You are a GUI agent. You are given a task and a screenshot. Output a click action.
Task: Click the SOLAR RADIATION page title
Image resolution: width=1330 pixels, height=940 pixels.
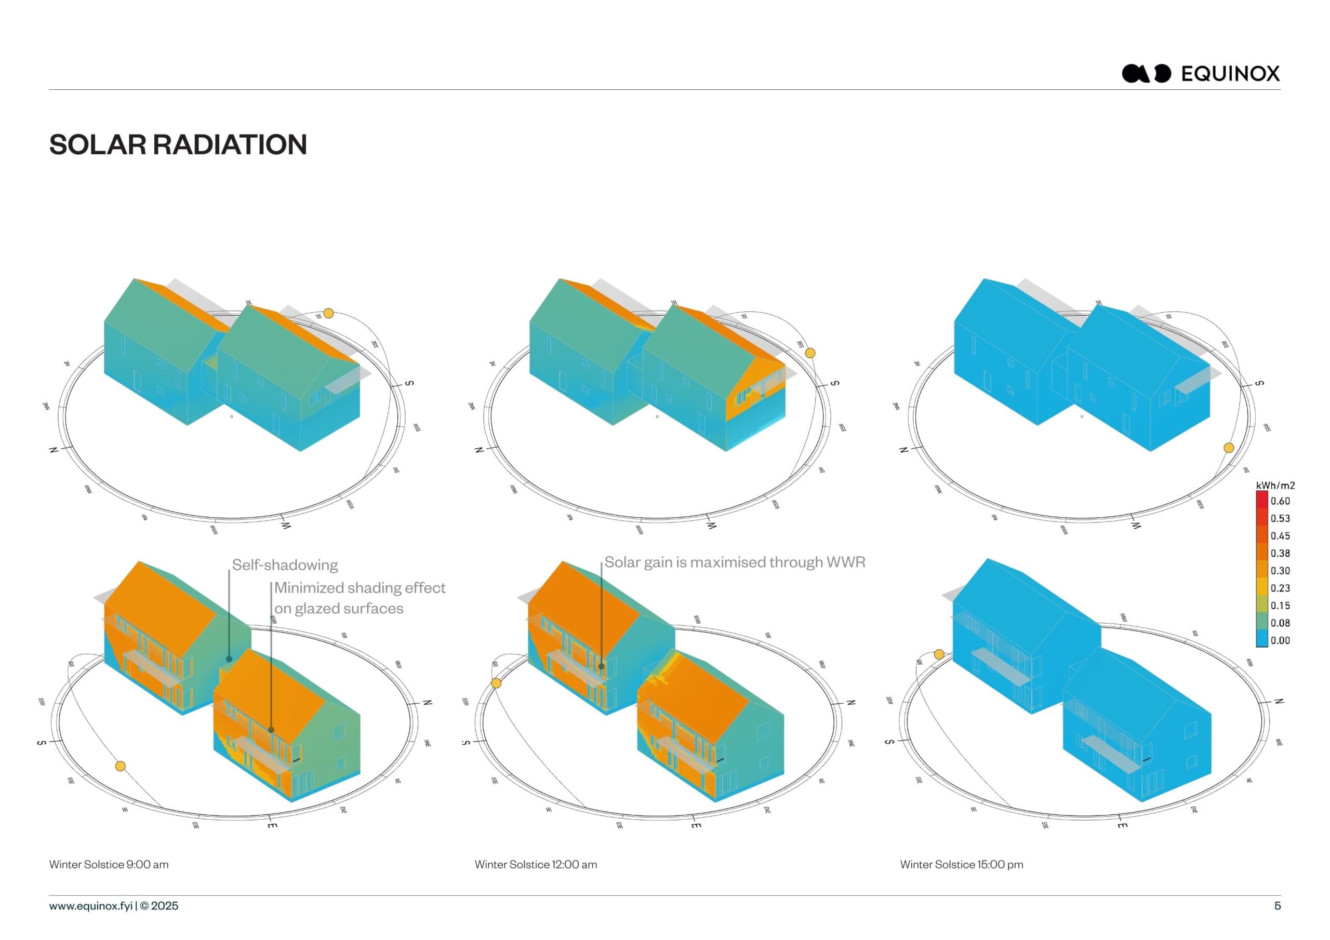tap(178, 144)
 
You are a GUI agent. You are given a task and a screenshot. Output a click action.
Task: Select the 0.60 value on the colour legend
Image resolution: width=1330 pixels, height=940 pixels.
tap(1280, 501)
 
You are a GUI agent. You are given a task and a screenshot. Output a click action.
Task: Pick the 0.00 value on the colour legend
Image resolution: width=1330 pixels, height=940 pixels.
tap(1280, 640)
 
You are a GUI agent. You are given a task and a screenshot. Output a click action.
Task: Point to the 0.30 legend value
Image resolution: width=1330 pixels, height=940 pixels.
tap(1280, 570)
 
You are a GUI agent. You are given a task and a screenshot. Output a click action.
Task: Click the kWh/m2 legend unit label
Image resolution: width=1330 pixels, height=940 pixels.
tap(1275, 486)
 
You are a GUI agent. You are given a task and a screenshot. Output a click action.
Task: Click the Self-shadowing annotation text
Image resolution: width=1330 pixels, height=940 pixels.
tap(285, 565)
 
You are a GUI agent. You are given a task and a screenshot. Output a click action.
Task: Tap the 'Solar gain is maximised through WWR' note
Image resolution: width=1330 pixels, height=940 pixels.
tap(735, 562)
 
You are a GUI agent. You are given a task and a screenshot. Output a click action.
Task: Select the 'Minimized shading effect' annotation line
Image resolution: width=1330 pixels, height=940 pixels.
tap(359, 588)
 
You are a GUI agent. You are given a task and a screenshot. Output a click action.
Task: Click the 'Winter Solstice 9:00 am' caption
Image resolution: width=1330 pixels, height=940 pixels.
tap(109, 864)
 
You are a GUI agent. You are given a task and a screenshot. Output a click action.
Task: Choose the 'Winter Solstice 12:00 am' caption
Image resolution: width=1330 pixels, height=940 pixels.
tap(535, 864)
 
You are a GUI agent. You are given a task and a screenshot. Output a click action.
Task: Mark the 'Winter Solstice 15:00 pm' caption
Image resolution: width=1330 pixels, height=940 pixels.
tap(961, 864)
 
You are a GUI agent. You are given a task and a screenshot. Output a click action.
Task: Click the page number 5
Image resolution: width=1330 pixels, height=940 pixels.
tap(1278, 906)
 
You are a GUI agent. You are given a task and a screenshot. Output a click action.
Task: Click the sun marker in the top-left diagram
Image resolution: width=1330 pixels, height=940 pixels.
tap(328, 313)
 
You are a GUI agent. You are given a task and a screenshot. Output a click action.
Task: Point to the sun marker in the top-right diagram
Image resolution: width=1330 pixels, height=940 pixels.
tap(1229, 448)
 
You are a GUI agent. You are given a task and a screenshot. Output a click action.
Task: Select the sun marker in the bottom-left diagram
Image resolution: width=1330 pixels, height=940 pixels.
tap(121, 766)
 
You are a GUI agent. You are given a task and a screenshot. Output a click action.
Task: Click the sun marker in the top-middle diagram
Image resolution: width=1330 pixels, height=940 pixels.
tap(810, 353)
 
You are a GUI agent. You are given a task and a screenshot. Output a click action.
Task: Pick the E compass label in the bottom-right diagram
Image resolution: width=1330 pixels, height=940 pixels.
tap(1122, 825)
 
